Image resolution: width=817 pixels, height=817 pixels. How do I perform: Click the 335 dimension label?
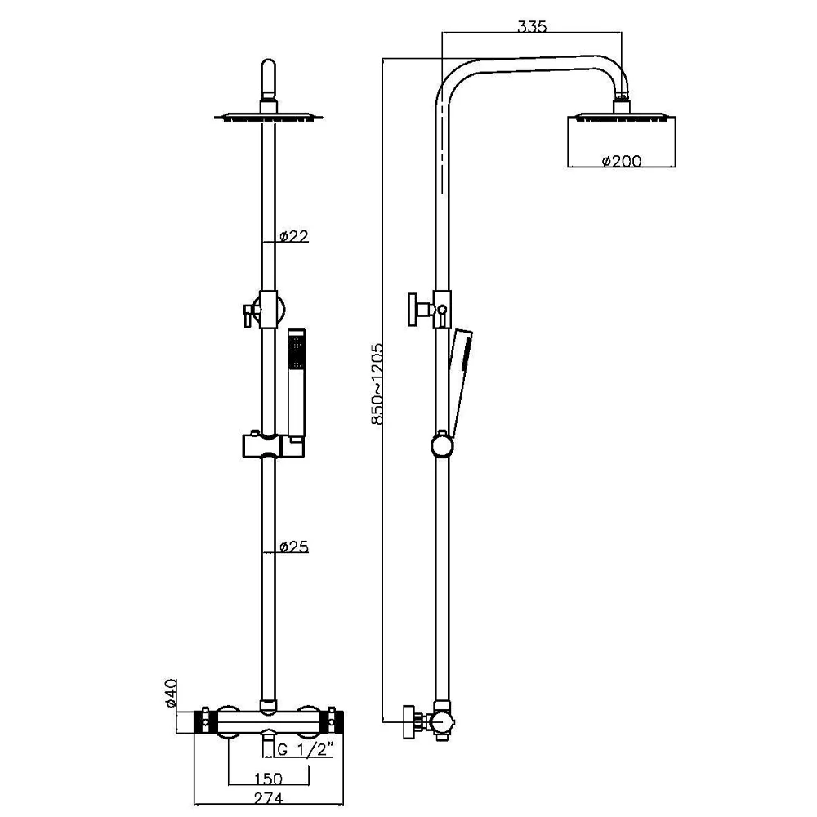click(x=532, y=26)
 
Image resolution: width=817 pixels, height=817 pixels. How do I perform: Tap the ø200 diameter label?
click(x=622, y=161)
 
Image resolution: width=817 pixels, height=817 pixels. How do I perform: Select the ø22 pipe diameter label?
click(x=294, y=236)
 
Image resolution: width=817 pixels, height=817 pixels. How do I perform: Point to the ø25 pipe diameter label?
click(x=294, y=547)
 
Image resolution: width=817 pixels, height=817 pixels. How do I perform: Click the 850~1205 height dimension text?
click(x=377, y=383)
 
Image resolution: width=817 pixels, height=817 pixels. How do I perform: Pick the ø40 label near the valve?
click(x=172, y=693)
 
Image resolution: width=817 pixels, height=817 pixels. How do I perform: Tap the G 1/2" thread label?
click(x=305, y=749)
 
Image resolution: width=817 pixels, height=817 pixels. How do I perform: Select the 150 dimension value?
click(x=268, y=779)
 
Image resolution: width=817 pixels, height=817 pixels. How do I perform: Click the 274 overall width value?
click(x=268, y=798)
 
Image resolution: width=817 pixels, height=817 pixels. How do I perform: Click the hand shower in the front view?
click(x=297, y=386)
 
